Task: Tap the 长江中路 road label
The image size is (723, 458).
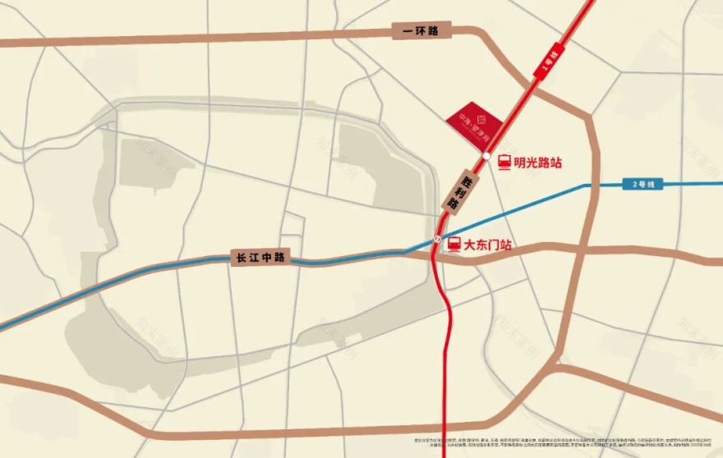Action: tap(260, 258)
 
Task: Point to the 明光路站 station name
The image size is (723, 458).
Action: tap(538, 163)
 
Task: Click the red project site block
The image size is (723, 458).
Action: tap(474, 126)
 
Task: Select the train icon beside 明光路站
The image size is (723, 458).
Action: tap(504, 163)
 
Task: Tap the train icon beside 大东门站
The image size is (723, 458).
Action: tap(454, 244)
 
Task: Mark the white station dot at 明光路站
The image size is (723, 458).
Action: tap(486, 156)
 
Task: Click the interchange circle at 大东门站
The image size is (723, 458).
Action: tap(438, 239)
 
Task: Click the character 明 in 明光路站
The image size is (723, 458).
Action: tap(520, 163)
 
